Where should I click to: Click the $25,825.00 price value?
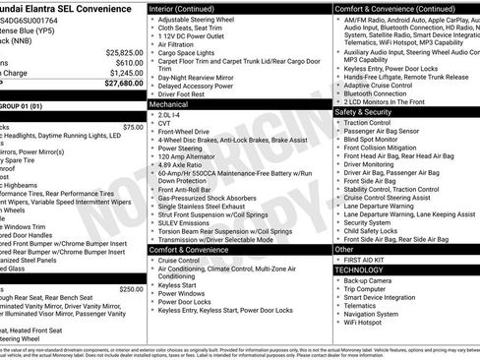pos(125,52)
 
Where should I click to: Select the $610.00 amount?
pos(131,62)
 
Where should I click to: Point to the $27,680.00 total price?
pos(124,84)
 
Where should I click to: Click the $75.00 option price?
pos(133,127)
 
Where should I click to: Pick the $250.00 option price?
pos(131,289)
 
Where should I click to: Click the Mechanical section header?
pos(169,103)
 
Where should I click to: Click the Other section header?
pos(345,250)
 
